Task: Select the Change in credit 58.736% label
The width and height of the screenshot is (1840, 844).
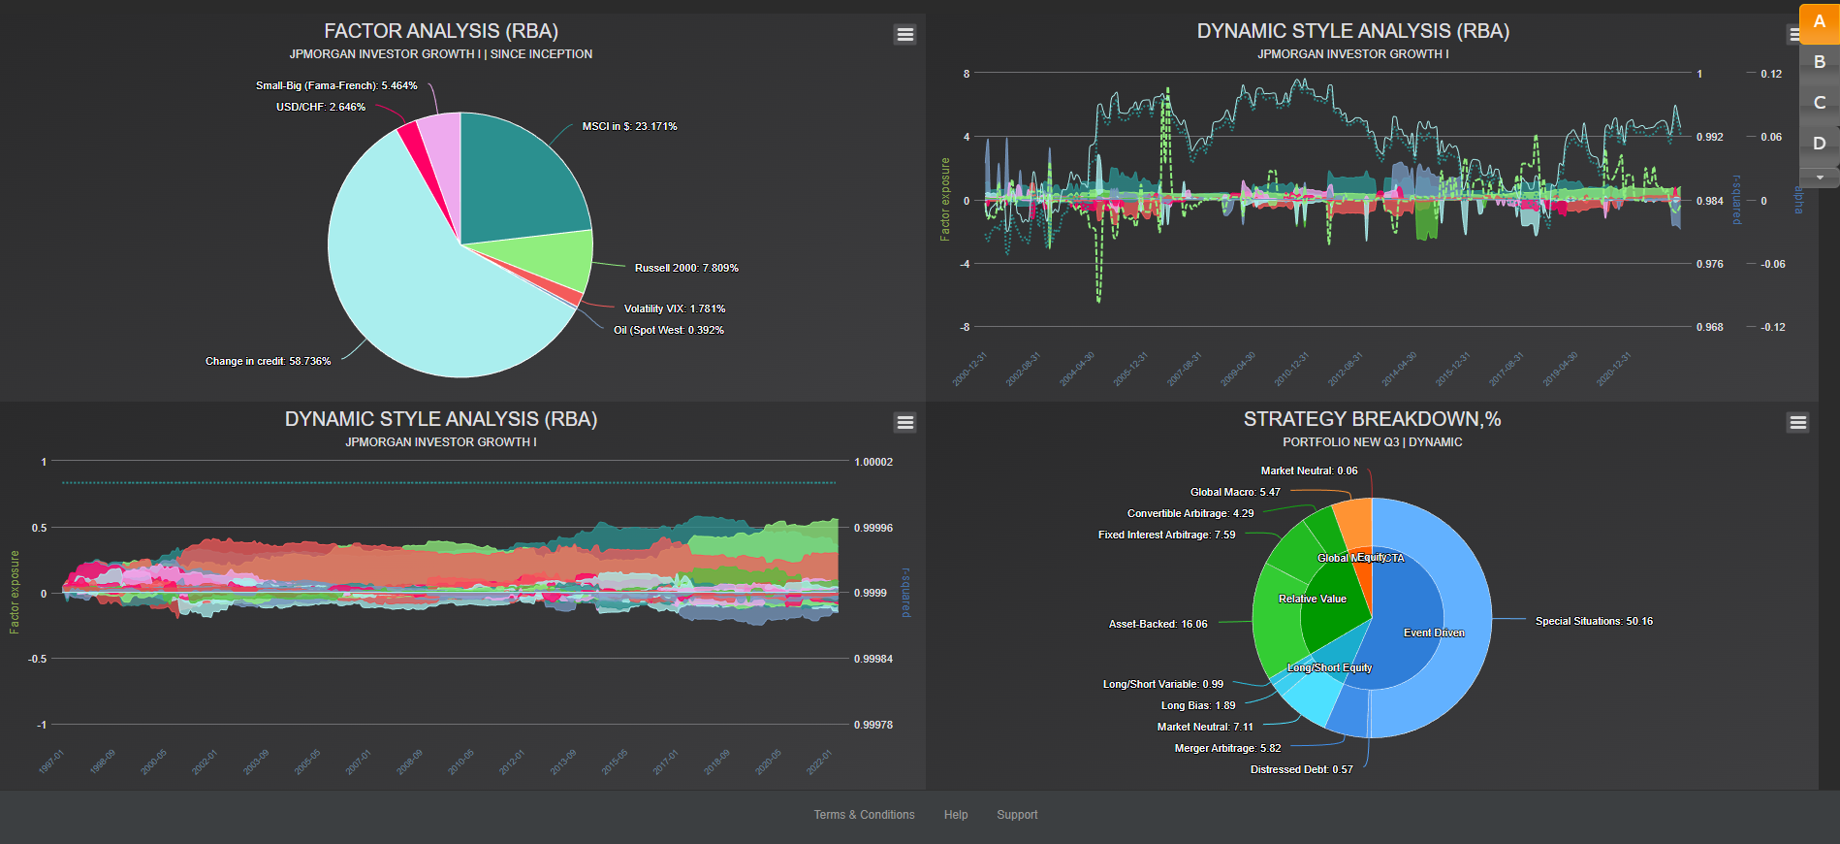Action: coord(268,361)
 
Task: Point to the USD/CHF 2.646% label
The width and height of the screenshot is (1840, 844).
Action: coord(320,107)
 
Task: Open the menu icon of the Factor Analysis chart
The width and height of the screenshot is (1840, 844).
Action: coord(904,34)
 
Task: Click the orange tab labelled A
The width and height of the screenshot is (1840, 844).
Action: coord(1819,22)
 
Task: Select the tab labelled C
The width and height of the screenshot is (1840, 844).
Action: coord(1819,103)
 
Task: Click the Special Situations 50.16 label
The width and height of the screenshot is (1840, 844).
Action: coord(1594,621)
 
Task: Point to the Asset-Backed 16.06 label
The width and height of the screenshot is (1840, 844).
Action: coord(1158,624)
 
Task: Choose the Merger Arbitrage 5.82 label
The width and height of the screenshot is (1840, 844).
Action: coord(1227,748)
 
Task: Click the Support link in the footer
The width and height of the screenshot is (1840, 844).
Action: coord(1017,815)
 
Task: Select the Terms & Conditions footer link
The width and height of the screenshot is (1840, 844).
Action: coord(864,815)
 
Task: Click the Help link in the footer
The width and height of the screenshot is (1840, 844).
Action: coord(956,815)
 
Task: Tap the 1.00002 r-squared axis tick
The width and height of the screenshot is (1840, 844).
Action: coord(873,462)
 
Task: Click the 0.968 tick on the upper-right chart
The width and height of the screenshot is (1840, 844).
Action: coord(1709,327)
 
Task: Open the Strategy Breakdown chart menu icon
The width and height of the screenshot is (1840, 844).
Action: coord(1797,422)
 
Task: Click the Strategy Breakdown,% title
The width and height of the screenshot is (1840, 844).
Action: coord(1372,419)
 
